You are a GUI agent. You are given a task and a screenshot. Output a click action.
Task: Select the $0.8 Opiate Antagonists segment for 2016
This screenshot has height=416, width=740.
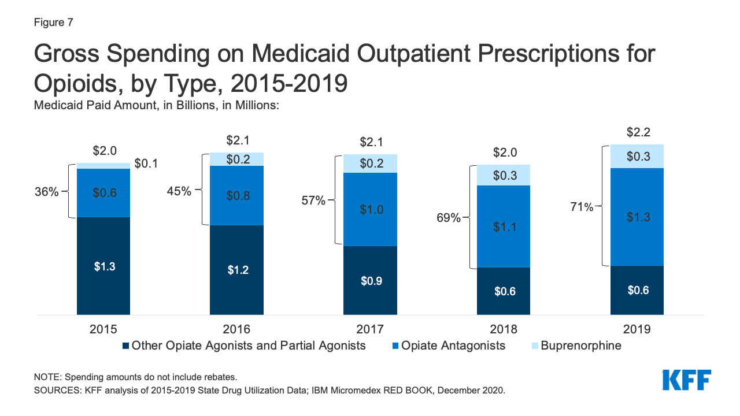click(x=236, y=195)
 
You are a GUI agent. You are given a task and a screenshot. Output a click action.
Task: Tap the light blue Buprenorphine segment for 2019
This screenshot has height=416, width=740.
click(x=637, y=156)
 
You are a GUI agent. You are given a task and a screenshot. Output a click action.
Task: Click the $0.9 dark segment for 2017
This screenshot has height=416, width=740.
click(x=370, y=280)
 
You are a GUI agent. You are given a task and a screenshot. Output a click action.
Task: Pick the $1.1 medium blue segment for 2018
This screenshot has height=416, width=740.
click(x=503, y=226)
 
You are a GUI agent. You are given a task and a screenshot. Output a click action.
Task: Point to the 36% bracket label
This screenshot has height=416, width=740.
click(x=46, y=192)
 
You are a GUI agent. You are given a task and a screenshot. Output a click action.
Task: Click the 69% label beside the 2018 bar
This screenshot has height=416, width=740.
click(x=449, y=218)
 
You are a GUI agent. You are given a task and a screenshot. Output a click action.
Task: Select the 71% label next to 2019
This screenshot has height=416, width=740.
click(x=581, y=207)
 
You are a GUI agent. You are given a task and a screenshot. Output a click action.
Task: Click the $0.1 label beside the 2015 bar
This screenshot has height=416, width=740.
click(x=146, y=164)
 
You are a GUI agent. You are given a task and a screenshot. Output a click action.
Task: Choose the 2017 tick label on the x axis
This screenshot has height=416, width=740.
click(x=370, y=329)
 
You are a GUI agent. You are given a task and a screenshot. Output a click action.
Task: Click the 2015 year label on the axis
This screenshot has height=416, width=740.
click(x=103, y=329)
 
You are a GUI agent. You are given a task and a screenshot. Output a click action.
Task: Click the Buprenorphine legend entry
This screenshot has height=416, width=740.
click(x=581, y=346)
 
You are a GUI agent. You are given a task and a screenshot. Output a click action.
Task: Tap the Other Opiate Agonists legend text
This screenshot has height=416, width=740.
click(x=249, y=346)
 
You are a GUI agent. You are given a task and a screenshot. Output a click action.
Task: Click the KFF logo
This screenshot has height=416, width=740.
click(x=686, y=380)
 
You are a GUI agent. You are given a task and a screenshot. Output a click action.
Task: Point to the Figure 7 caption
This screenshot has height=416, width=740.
click(x=53, y=23)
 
